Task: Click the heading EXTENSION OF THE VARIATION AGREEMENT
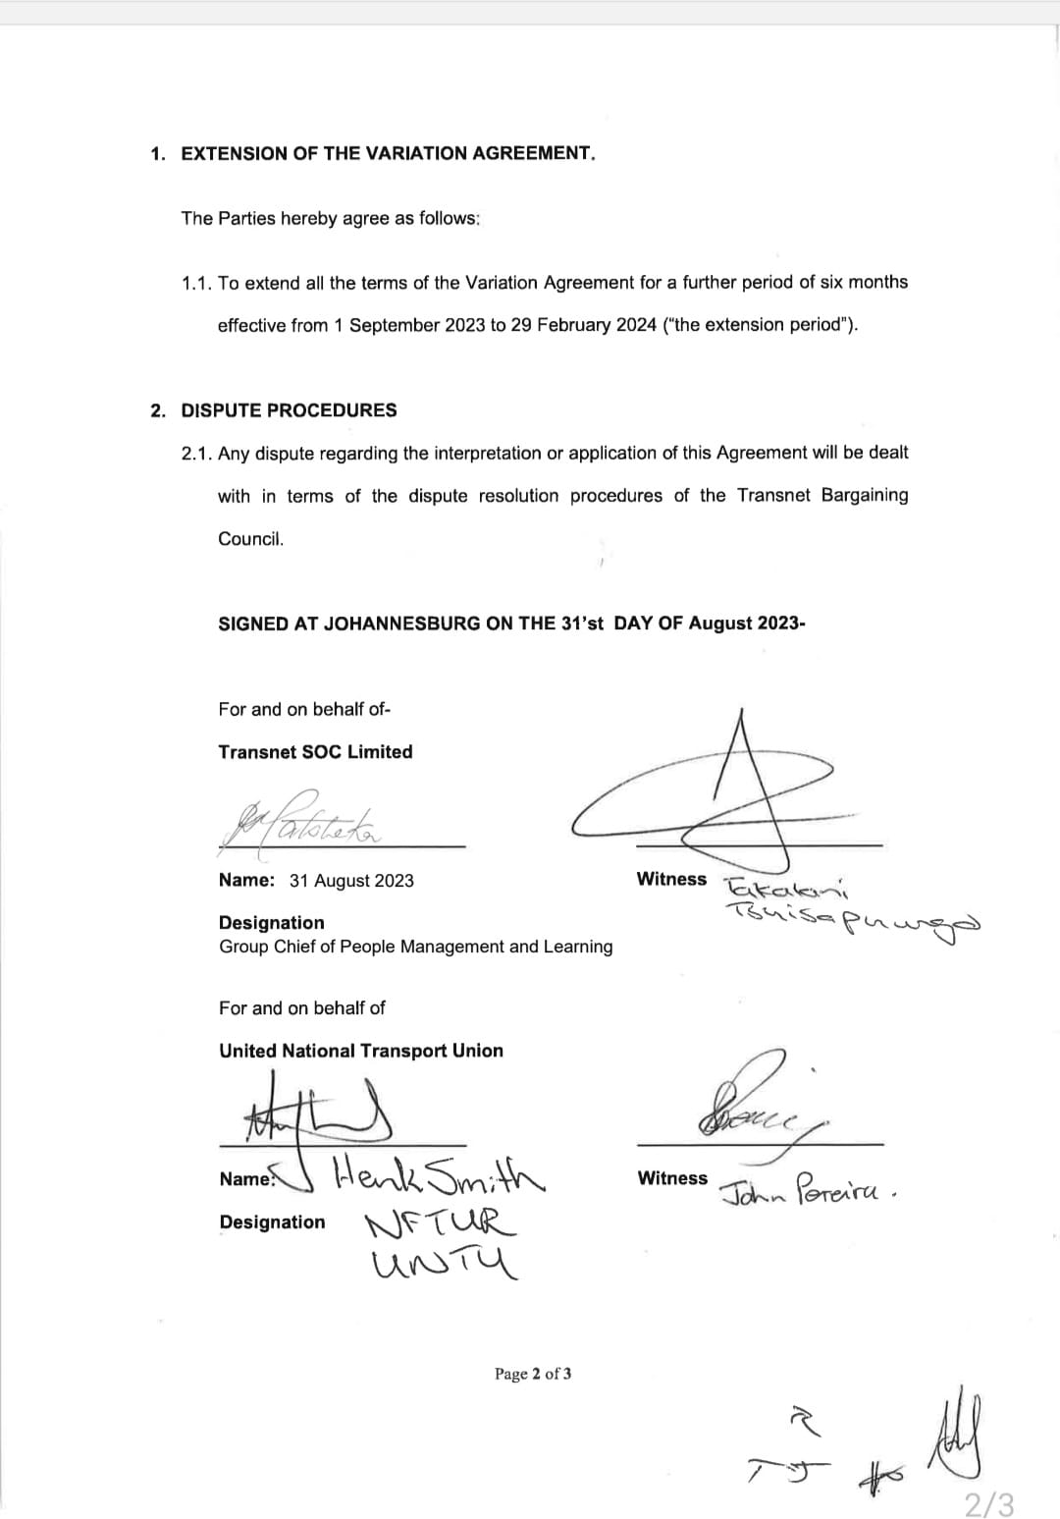388,154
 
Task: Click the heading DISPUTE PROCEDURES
289,410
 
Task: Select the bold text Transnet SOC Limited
315,752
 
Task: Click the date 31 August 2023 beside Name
351,881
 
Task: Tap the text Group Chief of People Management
415,947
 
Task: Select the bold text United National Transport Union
360,1051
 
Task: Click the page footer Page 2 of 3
532,1374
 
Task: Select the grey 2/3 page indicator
988,1503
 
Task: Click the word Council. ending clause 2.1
250,539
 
